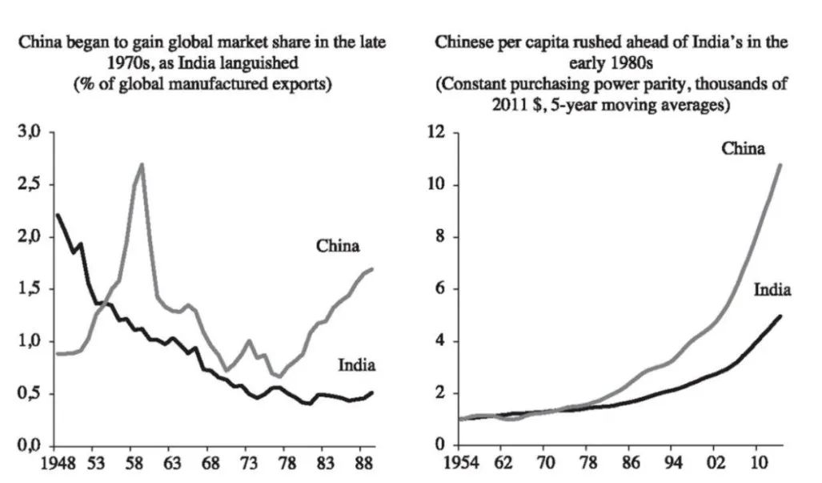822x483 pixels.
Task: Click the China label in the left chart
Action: (338, 246)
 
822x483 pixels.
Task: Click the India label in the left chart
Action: (356, 366)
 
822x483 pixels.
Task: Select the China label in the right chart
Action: (743, 148)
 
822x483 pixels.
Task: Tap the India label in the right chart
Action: (772, 289)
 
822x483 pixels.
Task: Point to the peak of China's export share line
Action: (142, 164)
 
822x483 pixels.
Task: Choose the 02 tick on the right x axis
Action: (714, 465)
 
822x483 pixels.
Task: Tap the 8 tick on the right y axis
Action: (441, 237)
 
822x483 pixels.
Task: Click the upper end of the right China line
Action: (780, 164)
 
